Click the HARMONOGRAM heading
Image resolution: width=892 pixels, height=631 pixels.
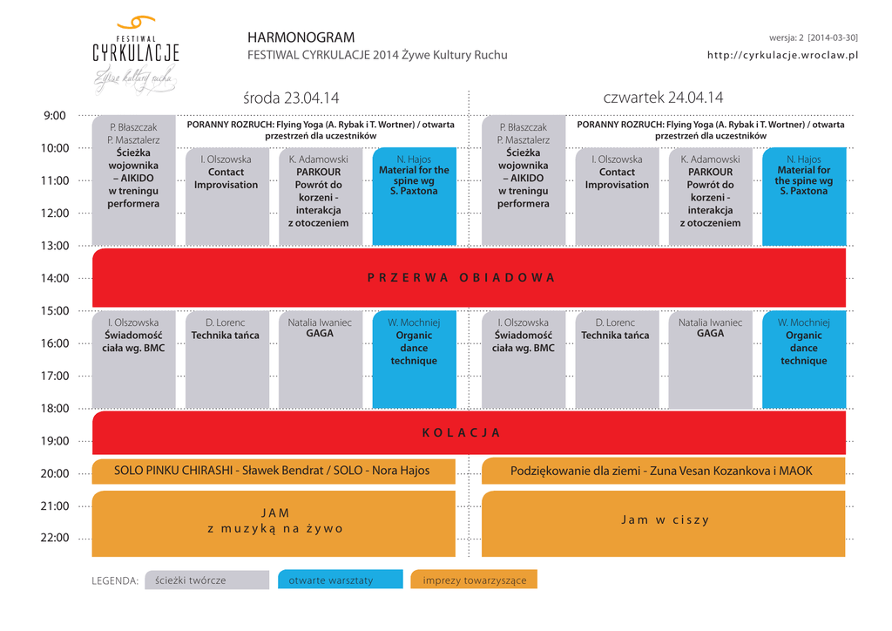(x=301, y=37)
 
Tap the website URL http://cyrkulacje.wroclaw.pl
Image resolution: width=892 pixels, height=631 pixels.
(x=782, y=55)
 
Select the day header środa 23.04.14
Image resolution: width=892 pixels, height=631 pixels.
(x=291, y=98)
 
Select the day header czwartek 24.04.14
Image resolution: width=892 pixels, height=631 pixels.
(x=663, y=98)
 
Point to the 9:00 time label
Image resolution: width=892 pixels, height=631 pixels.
(x=54, y=115)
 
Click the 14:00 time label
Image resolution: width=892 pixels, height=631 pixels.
(x=54, y=278)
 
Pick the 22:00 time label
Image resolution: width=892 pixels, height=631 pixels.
(x=54, y=538)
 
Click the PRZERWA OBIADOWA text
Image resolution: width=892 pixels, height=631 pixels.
(x=461, y=278)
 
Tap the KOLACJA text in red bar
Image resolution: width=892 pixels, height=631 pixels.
(x=461, y=433)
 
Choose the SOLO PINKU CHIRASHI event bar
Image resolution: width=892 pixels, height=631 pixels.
(x=273, y=471)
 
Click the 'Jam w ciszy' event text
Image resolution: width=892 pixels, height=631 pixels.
(x=665, y=520)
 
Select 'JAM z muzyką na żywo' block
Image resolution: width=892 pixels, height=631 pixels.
(x=274, y=520)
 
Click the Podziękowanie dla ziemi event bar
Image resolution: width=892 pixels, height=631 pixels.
(x=661, y=471)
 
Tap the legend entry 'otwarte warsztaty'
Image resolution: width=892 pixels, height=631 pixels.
(x=340, y=580)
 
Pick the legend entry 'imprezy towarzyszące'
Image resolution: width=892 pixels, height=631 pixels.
(x=474, y=580)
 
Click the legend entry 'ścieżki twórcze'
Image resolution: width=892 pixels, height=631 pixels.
(x=206, y=580)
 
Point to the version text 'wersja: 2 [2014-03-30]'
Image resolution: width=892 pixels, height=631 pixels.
(x=813, y=37)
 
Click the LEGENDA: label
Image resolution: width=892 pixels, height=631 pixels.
(x=115, y=580)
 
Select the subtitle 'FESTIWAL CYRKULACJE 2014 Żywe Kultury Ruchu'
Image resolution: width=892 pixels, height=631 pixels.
(x=377, y=56)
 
